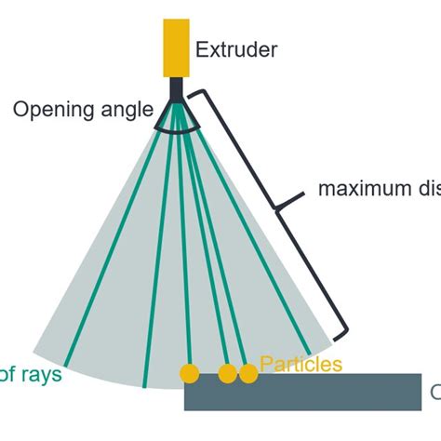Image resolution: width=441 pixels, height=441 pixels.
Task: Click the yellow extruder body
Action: [175, 47]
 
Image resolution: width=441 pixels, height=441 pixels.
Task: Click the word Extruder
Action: [236, 49]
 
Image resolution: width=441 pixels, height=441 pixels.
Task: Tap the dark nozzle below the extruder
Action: [175, 91]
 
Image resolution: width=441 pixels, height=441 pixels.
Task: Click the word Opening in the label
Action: [50, 110]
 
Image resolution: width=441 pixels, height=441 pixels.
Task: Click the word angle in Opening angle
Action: [123, 110]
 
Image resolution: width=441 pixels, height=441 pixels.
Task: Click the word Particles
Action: [301, 364]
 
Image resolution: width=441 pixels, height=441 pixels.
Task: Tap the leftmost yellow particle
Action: [190, 373]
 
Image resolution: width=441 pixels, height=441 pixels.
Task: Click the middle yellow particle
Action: [228, 373]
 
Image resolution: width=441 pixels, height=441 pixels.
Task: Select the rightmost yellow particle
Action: [247, 373]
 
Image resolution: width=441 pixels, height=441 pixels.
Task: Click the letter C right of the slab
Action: [434, 391]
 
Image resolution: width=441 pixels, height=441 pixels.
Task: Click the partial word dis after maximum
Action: [427, 189]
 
